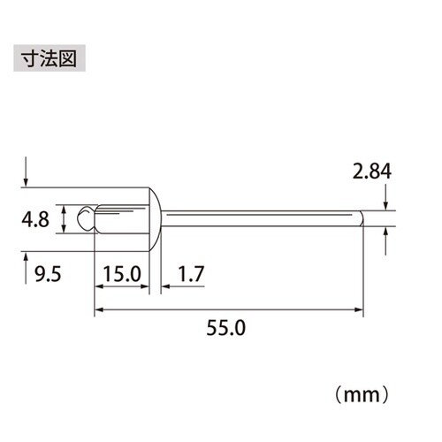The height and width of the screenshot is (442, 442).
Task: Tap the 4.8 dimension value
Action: [x=38, y=217]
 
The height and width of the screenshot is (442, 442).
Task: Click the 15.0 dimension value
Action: [x=121, y=274]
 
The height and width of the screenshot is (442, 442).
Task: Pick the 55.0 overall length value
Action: [x=228, y=326]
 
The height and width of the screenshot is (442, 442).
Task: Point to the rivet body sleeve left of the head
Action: [x=119, y=217]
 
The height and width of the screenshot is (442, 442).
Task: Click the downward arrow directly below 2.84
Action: [x=387, y=202]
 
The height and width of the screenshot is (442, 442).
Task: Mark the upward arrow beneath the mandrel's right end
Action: [x=387, y=235]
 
